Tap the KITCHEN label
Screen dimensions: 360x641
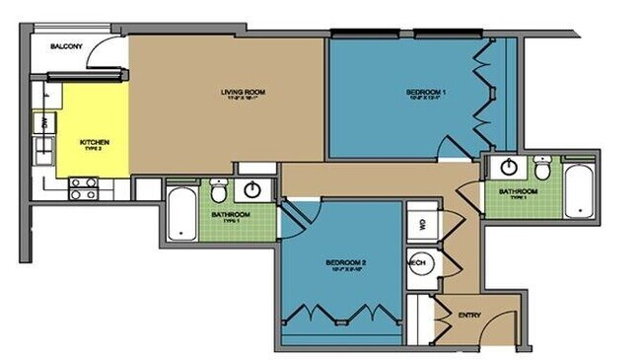tap(95, 142)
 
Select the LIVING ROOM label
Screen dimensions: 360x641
tap(243, 93)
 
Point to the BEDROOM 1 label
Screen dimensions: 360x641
tap(427, 93)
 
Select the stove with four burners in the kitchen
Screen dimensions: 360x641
tap(82, 187)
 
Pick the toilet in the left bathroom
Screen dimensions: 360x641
tap(219, 188)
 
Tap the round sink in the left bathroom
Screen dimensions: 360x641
tap(255, 189)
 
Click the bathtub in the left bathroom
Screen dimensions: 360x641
tap(181, 213)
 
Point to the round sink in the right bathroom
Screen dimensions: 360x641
tap(508, 167)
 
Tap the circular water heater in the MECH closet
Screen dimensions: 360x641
tap(418, 264)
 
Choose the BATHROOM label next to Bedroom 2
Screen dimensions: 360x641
tap(231, 214)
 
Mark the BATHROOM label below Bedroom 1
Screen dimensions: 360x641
tap(517, 190)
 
